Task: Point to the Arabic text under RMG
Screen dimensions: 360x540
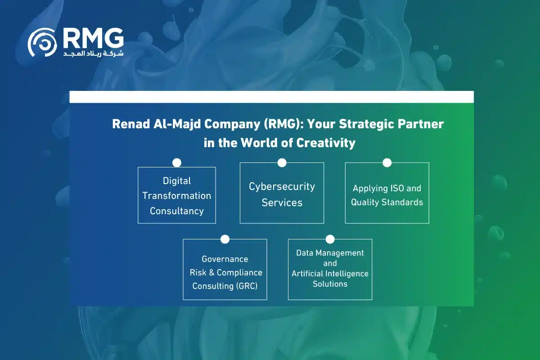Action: click(x=93, y=54)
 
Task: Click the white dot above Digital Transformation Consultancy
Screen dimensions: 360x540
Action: click(x=177, y=162)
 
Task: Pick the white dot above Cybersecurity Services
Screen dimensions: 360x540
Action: click(x=282, y=162)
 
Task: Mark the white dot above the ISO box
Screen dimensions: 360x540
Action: click(x=387, y=162)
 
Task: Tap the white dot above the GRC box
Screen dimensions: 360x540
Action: click(x=225, y=239)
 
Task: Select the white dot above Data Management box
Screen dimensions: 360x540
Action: click(x=330, y=239)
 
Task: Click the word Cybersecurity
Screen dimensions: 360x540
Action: click(x=282, y=186)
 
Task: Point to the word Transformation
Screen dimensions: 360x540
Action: click(x=177, y=196)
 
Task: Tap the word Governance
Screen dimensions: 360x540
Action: click(x=225, y=259)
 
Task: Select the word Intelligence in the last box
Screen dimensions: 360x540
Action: click(x=347, y=274)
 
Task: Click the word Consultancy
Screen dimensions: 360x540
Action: click(x=177, y=211)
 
